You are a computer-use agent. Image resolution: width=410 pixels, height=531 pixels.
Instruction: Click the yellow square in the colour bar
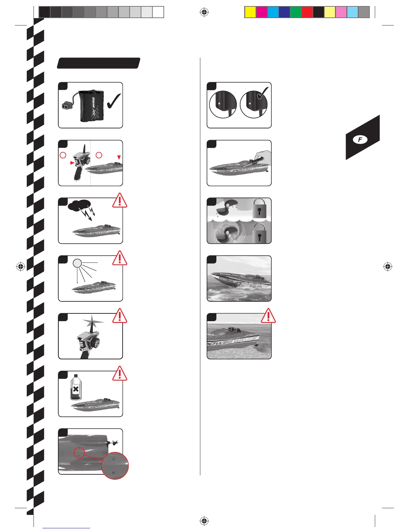(x=250, y=12)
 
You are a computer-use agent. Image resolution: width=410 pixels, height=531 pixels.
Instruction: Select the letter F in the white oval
(x=360, y=140)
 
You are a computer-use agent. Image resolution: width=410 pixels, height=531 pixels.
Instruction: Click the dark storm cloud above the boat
(x=80, y=205)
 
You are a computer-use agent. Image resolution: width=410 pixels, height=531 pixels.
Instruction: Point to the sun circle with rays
(x=77, y=263)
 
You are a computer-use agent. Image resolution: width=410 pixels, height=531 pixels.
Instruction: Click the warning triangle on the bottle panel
(x=120, y=373)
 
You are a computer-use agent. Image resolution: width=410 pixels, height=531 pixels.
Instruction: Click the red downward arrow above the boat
(x=119, y=157)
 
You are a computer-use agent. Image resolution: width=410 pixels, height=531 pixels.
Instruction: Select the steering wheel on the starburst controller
(x=96, y=343)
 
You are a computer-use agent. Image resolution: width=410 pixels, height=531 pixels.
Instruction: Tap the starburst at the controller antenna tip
(x=91, y=323)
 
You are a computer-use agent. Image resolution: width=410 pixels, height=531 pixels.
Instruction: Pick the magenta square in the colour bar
(x=262, y=12)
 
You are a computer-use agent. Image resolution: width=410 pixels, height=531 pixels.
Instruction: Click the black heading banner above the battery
(x=98, y=63)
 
